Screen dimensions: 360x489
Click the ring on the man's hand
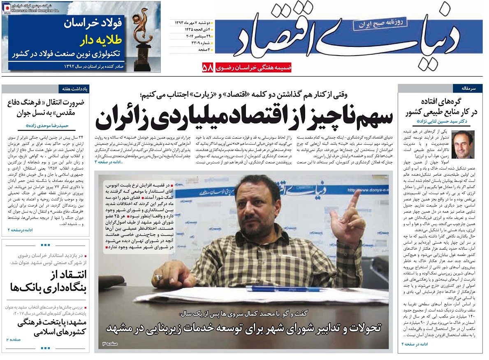click(157, 279)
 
